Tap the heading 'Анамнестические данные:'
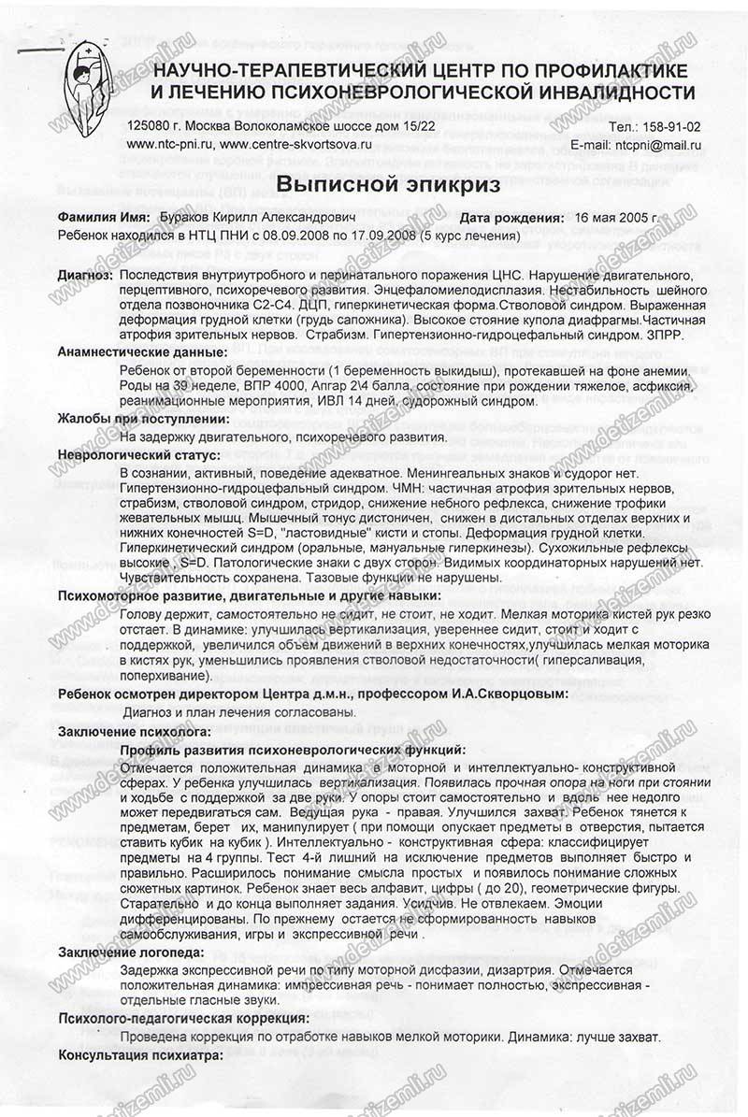click(x=142, y=352)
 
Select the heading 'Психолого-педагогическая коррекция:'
click(x=183, y=1018)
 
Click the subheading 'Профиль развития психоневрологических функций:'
click(x=292, y=750)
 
